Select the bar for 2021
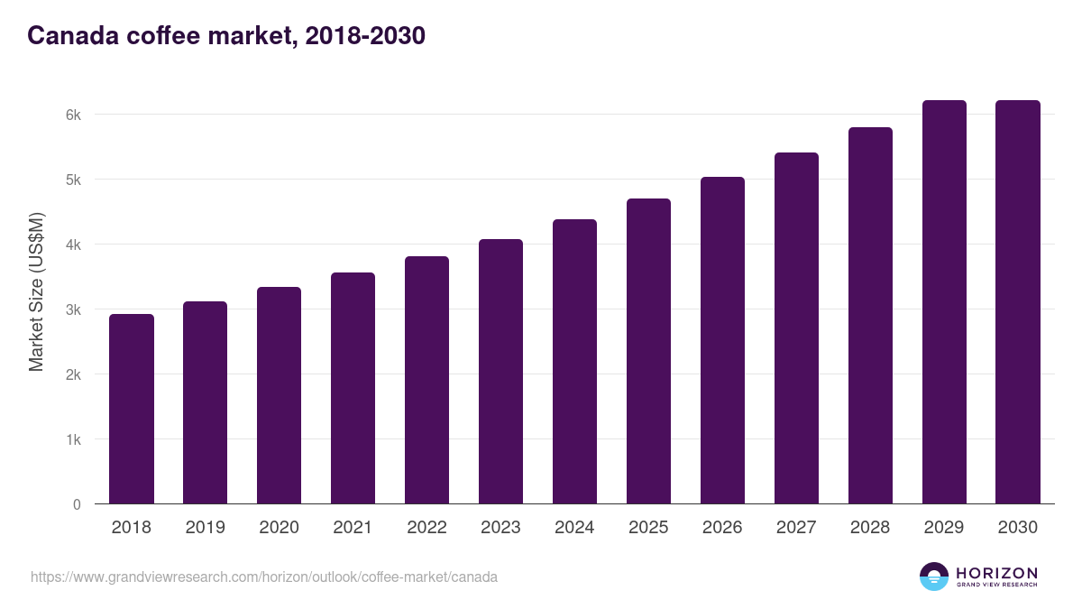point(353,388)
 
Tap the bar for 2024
point(574,361)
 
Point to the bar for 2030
point(1018,301)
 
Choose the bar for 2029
point(944,301)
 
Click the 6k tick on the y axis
point(73,115)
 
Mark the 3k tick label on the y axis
point(73,309)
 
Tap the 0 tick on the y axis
point(77,504)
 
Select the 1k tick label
point(73,439)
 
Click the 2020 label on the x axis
point(280,528)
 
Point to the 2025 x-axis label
point(648,528)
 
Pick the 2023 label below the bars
point(500,528)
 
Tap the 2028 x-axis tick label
point(870,528)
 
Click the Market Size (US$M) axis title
point(37,291)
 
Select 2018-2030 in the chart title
point(365,36)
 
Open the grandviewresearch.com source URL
point(264,577)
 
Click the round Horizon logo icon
point(934,577)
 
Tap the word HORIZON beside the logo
point(996,573)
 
